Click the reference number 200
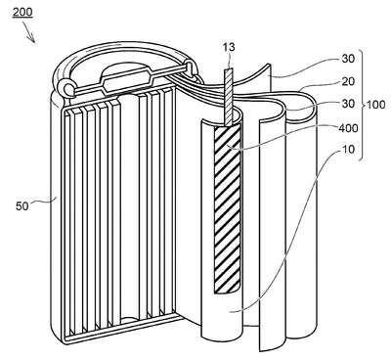22,12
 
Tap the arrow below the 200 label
29,34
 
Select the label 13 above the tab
229,47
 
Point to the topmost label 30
347,59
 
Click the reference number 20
347,81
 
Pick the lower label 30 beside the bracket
347,104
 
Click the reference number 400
348,128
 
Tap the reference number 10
348,150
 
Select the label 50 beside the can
22,206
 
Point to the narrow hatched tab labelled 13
230,97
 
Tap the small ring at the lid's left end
68,88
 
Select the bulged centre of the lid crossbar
122,80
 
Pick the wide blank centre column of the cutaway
130,207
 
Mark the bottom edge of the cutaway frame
121,330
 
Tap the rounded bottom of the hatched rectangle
227,290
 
